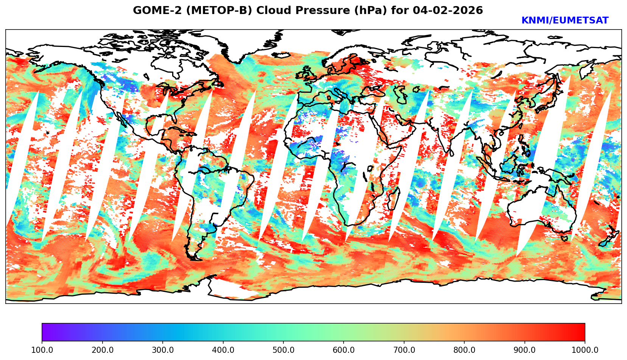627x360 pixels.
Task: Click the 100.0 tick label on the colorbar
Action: pyautogui.click(x=42, y=350)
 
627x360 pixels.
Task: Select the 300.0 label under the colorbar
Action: pyautogui.click(x=163, y=350)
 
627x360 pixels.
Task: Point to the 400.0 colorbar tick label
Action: pyautogui.click(x=223, y=350)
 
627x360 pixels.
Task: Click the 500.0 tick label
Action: pyautogui.click(x=283, y=350)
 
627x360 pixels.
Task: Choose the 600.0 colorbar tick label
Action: pyautogui.click(x=344, y=350)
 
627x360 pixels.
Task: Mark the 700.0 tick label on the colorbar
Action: pyautogui.click(x=404, y=350)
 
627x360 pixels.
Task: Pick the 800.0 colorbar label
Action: pyautogui.click(x=464, y=350)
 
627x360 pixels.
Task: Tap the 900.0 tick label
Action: pyautogui.click(x=525, y=350)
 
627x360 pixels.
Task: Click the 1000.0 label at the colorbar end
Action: pyautogui.click(x=585, y=350)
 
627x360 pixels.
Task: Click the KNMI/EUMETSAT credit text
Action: pyautogui.click(x=565, y=21)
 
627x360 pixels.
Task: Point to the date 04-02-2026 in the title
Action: pyautogui.click(x=448, y=11)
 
